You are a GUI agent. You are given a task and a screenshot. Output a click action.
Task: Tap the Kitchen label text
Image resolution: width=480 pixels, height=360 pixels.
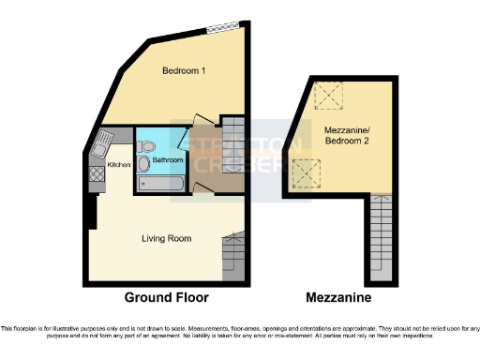119,165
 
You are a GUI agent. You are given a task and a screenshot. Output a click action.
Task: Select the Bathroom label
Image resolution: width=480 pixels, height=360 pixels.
169,160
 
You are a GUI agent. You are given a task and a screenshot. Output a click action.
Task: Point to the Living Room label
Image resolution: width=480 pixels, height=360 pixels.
166,238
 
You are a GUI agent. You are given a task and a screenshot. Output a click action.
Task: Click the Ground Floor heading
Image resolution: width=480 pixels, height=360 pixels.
166,297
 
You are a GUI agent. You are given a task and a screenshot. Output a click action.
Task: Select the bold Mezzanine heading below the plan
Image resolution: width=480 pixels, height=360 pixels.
338,297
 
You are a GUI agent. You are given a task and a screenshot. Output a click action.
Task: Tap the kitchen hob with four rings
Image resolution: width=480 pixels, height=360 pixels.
95,173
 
